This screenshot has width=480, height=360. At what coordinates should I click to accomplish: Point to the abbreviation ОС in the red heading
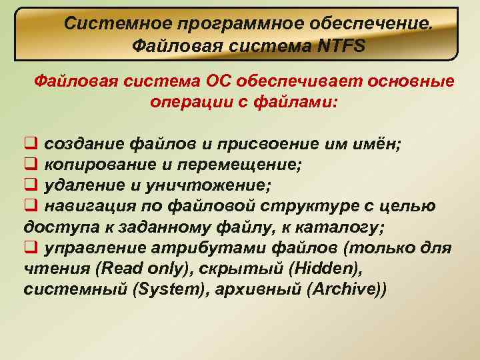pyautogui.click(x=220, y=82)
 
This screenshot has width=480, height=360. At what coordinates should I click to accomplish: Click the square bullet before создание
pyautogui.click(x=29, y=143)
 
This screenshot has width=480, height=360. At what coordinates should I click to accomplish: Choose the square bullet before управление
pyautogui.click(x=29, y=249)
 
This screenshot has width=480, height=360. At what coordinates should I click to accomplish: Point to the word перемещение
pyautogui.click(x=246, y=164)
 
